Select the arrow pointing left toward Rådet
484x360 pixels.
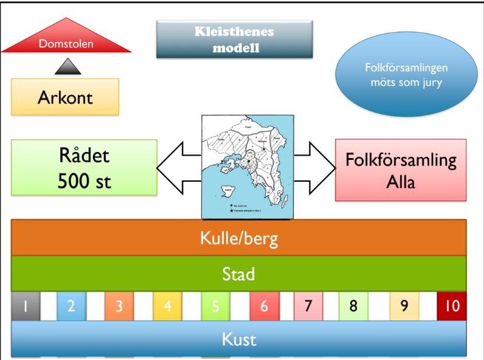point(180,167)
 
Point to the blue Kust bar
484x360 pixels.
point(240,339)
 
